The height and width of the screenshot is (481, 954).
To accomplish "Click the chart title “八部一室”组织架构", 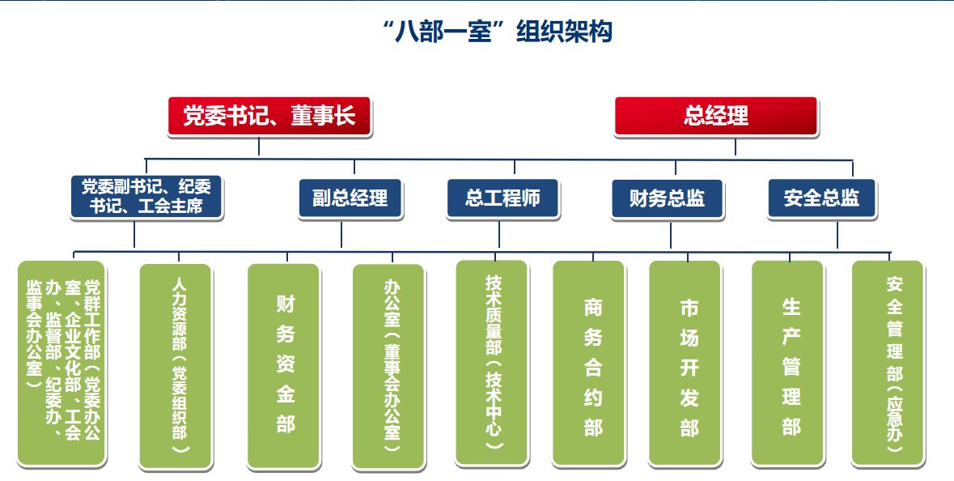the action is [497, 32].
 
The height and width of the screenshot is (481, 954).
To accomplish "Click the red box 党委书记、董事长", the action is [269, 116].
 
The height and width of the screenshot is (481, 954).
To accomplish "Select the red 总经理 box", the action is [715, 116].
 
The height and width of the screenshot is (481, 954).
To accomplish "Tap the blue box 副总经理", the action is [350, 198].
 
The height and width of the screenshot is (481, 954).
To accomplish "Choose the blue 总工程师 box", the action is [502, 198].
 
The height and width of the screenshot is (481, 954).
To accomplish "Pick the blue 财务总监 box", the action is [668, 198].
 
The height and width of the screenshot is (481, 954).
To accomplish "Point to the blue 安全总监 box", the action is [821, 198].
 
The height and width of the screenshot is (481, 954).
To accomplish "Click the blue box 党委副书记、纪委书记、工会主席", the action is [146, 198].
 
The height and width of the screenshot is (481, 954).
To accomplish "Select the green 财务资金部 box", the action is [283, 366].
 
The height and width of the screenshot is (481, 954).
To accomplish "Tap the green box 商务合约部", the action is [588, 364].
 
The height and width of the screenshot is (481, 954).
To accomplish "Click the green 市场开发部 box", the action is [685, 364].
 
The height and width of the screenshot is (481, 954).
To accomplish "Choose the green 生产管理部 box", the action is [788, 364].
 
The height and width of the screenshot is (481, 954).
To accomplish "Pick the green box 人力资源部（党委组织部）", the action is [176, 366].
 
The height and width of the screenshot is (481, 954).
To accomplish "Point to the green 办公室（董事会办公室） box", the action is [388, 367].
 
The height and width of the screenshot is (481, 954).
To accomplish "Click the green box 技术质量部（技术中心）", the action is [492, 363].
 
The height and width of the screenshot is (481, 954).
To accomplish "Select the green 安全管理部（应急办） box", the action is [888, 364].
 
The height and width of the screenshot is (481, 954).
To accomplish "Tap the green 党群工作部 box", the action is [61, 364].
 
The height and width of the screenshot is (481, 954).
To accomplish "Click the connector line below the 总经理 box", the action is [736, 147].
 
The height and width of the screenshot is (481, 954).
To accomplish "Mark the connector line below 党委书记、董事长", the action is [259, 146].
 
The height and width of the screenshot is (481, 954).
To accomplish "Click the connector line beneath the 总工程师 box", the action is [499, 234].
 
